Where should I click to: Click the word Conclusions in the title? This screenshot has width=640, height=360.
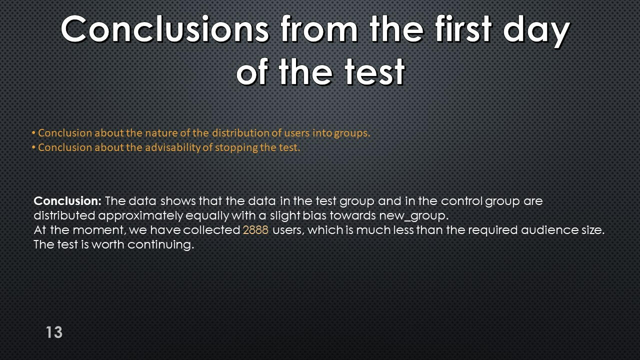coord(165,29)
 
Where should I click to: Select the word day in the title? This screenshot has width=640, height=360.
coord(536,31)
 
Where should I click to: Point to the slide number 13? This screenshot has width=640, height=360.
coord(54,332)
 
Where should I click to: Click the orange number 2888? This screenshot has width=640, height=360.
coord(255,230)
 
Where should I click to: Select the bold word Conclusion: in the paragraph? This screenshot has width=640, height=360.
coord(67,201)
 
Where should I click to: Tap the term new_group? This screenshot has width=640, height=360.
coord(413,216)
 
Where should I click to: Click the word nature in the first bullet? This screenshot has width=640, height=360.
coord(158,133)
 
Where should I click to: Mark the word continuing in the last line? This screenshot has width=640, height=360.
coord(160,245)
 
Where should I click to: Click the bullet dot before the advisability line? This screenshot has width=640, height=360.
coord(33,147)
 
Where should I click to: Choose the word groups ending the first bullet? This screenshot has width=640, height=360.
coord(352,133)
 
